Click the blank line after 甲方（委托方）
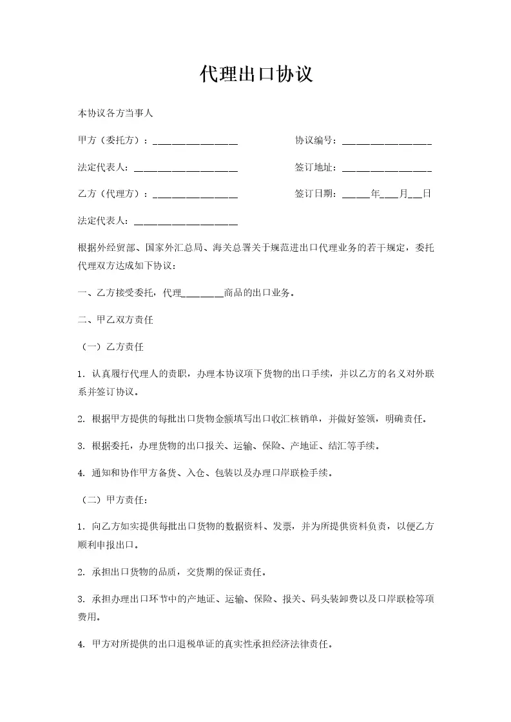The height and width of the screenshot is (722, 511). click(195, 142)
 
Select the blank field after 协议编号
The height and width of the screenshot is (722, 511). click(387, 142)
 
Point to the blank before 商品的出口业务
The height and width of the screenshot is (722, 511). click(203, 295)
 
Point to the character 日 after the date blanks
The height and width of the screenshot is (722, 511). click(427, 194)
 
